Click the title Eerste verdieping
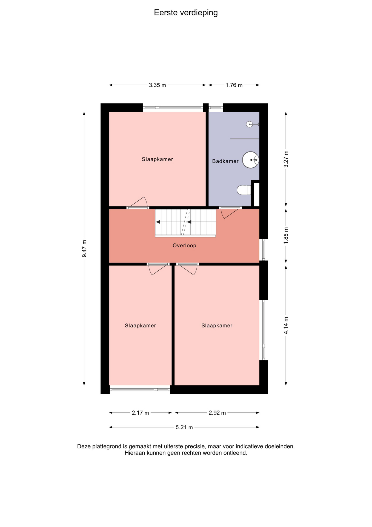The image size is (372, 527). pos(186,13)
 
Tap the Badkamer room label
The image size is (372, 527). pos(225,161)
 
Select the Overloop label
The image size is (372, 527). pos(184,245)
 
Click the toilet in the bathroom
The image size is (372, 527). pos(244,190)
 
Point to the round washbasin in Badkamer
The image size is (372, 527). pos(250,160)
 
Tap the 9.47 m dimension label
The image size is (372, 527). pos(84,248)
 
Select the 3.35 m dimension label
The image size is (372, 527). pos(157,85)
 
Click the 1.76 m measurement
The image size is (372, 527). pos(234,85)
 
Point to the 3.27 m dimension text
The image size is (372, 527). pos(286,159)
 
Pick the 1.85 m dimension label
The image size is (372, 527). pos(286,235)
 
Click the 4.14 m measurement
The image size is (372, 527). pos(286,325)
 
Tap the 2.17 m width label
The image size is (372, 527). pos(140,413)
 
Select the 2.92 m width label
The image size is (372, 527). pos(217,413)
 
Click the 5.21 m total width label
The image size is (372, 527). pos(184,427)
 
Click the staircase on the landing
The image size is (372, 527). pos(185,223)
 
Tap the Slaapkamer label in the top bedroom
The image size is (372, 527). pos(157,159)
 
